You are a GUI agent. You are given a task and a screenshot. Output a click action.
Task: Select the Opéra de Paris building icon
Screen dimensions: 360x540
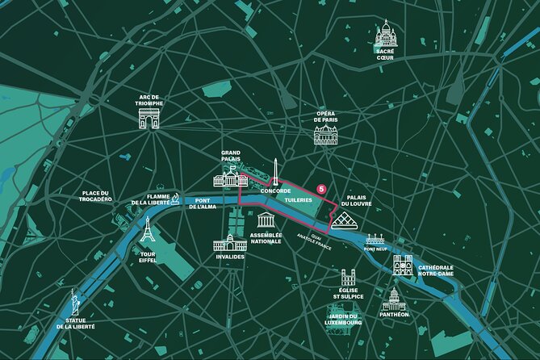point(325,135)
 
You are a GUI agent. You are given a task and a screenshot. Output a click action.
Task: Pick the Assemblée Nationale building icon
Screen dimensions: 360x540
point(266,221)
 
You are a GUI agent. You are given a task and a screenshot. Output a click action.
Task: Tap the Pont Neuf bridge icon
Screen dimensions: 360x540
point(375,240)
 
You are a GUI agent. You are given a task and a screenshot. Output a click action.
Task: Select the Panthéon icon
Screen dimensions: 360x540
point(393,299)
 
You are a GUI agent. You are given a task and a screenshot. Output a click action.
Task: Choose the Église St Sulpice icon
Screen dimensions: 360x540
point(348,278)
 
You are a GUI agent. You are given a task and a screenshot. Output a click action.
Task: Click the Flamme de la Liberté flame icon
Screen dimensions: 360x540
point(175,199)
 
